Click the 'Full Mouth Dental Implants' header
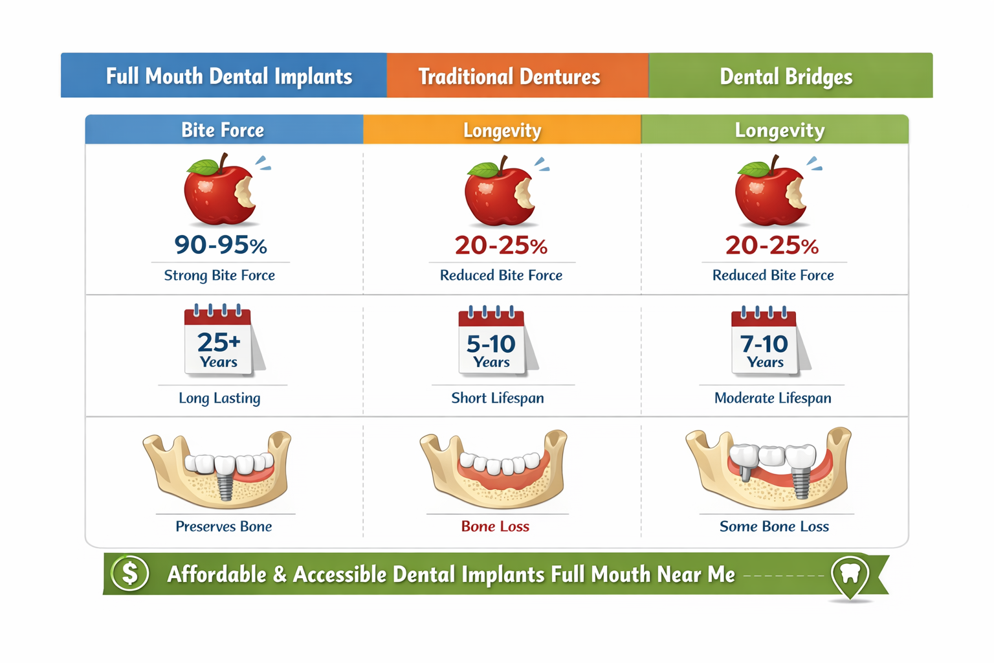tap(228, 76)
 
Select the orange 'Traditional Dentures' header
tap(509, 76)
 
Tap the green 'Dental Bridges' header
tap(786, 76)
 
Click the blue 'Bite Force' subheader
tap(223, 130)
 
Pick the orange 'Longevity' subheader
tap(502, 130)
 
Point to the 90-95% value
tap(221, 245)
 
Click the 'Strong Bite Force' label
tap(219, 275)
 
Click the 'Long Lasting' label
tap(219, 398)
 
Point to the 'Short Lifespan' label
tap(497, 398)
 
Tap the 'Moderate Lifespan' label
tap(773, 398)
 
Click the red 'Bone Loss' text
tap(495, 526)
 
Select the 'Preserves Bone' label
tap(223, 526)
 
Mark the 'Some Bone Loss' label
tap(774, 526)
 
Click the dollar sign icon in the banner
tap(129, 573)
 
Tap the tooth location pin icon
tap(849, 574)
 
